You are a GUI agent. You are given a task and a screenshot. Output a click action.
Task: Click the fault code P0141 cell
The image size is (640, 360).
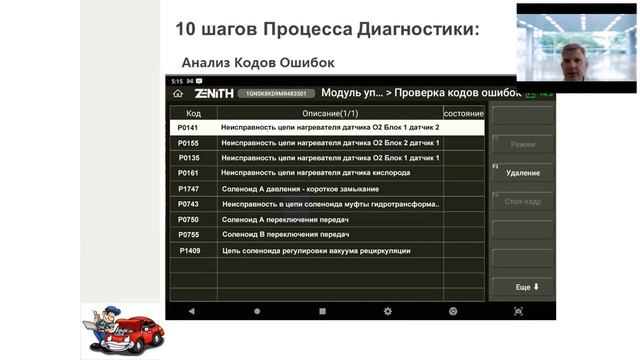pyautogui.click(x=188, y=128)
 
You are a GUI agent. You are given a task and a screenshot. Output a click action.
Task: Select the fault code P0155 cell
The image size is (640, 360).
pyautogui.click(x=188, y=143)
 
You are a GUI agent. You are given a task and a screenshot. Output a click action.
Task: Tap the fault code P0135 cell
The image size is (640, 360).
pyautogui.click(x=188, y=158)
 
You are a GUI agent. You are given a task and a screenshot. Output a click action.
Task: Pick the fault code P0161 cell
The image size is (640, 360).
pyautogui.click(x=188, y=173)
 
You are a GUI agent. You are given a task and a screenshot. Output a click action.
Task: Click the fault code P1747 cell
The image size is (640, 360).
pyautogui.click(x=188, y=189)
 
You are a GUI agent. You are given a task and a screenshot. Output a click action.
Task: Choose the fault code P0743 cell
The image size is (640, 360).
pyautogui.click(x=188, y=204)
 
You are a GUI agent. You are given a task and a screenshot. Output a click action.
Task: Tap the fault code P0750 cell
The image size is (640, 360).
pyautogui.click(x=188, y=219)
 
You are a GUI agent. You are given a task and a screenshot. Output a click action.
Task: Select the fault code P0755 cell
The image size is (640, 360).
pyautogui.click(x=188, y=235)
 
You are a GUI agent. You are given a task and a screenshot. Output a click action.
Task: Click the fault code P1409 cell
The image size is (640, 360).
pyautogui.click(x=189, y=250)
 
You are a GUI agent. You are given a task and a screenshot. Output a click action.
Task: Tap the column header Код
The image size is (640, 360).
pyautogui.click(x=193, y=113)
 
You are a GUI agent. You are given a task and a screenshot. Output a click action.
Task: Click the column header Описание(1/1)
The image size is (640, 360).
pyautogui.click(x=329, y=113)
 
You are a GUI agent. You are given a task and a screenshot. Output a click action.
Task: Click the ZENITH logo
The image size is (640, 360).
pyautogui.click(x=214, y=93)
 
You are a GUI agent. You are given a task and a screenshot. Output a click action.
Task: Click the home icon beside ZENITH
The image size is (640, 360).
pyautogui.click(x=178, y=93)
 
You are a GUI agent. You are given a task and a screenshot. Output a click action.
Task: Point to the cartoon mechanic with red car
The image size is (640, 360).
pyautogui.click(x=123, y=330)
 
